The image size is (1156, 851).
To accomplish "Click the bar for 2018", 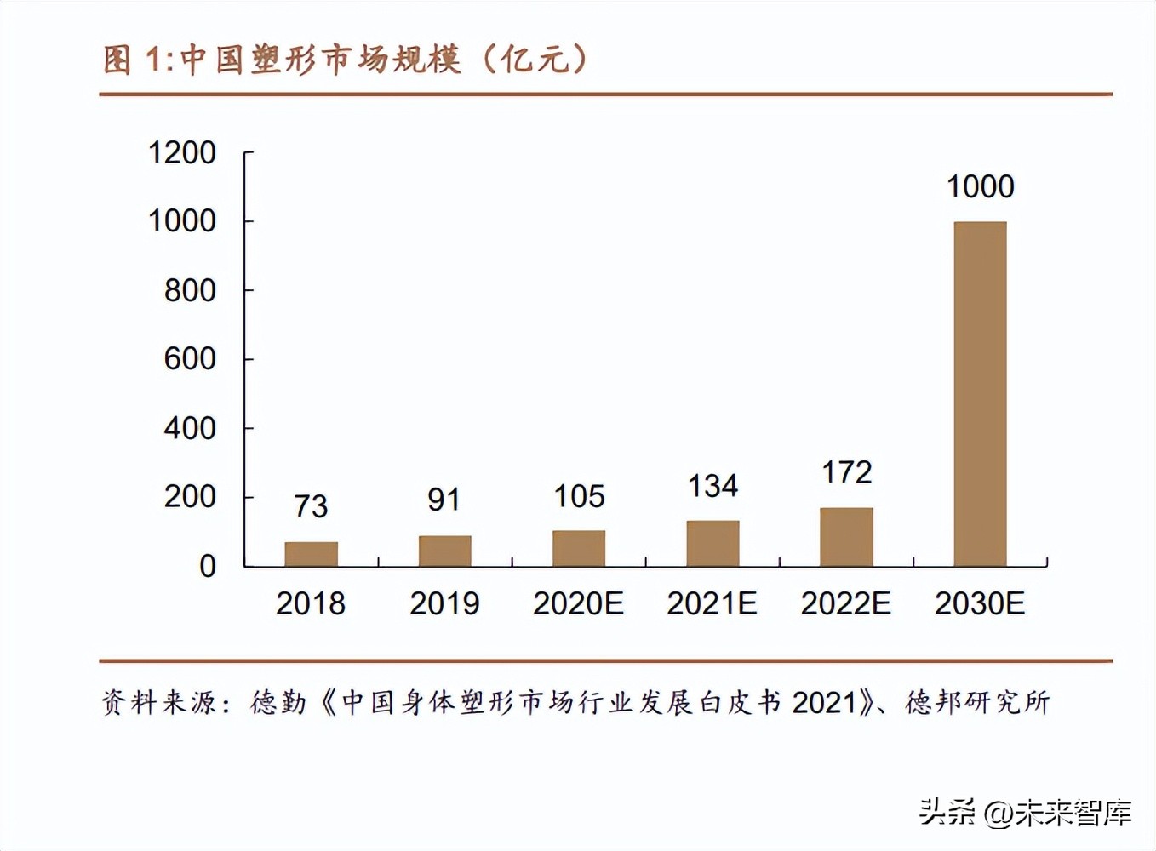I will pos(311,554).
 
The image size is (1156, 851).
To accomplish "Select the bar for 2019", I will pos(444,551).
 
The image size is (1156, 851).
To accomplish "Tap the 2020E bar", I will pos(579,548).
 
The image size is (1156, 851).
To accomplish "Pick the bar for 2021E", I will pos(712,543).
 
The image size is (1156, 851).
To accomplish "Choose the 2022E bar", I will pos(846,537).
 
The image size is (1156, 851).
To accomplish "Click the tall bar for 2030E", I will pos(980,394).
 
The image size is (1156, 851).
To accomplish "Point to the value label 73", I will pos(311,506).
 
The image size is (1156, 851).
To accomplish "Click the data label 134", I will pos(712,486).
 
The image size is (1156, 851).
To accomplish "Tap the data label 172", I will pos(846,472).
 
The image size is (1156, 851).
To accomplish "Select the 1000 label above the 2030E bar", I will pos(980,186).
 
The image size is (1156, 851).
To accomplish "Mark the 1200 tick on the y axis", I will pos(182,153).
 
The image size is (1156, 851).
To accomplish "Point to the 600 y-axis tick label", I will pos(190,359).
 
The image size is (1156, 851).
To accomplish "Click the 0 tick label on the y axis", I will pos(207,566).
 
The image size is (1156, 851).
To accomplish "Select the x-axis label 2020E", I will pos(579,603).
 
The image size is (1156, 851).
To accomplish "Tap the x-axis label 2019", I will pos(444,603).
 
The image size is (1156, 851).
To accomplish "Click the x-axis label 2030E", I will pos(980,603).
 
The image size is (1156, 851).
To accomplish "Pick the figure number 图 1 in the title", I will pos(131,60).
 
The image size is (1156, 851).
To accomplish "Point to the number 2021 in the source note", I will pos(824,703).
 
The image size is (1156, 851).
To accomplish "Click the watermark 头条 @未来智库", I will pos(1025,813).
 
